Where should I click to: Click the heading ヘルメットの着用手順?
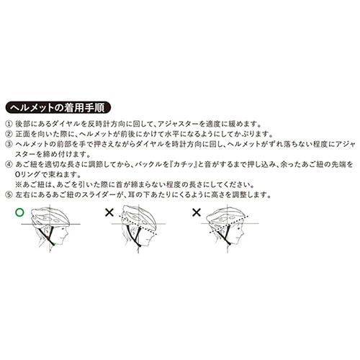58,107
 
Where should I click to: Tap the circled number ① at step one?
9,125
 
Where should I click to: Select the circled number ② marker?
9,134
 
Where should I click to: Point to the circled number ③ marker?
9,144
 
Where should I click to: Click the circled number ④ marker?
9,165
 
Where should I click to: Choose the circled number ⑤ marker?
9,194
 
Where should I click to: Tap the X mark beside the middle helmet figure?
109,212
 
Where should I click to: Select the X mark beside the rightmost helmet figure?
197,212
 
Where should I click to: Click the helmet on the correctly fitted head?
50,217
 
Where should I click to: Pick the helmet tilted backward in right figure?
227,217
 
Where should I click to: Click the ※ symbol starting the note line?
19,185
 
